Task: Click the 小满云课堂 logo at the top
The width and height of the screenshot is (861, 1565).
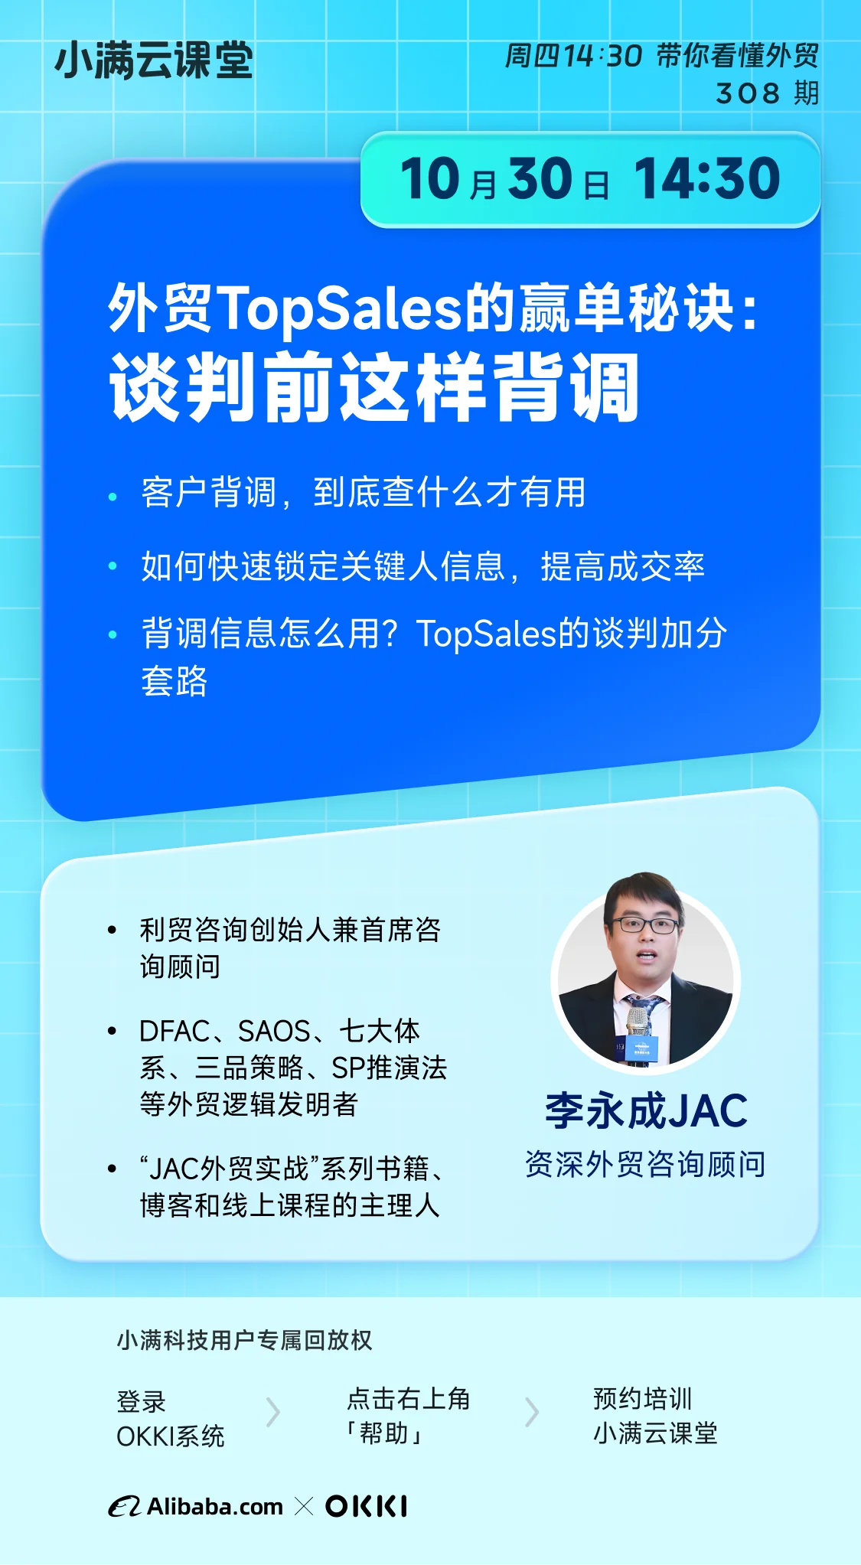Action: [x=154, y=60]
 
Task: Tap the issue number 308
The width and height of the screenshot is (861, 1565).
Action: [x=748, y=93]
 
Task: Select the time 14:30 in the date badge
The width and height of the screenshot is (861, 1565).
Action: [x=707, y=179]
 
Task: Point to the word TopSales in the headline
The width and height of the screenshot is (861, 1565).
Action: [x=341, y=309]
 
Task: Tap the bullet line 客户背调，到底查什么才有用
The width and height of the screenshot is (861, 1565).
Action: [x=364, y=492]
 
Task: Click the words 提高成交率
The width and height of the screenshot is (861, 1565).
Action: [x=622, y=566]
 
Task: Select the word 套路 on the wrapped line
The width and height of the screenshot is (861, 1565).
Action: [x=174, y=680]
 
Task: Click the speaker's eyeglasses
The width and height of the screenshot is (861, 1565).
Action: [x=645, y=924]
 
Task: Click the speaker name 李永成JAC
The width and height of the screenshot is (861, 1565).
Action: [x=646, y=1111]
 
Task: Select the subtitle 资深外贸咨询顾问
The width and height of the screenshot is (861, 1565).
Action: [x=645, y=1164]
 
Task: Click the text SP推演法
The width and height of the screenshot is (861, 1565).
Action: [x=390, y=1068]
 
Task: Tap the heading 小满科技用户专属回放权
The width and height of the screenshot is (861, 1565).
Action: [x=245, y=1340]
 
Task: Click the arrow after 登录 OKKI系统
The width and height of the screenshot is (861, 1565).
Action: [x=273, y=1412]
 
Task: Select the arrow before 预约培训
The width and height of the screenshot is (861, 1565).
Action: [x=533, y=1412]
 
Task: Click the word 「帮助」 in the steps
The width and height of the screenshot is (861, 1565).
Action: [x=385, y=1433]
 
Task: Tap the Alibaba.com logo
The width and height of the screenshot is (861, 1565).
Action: [x=196, y=1506]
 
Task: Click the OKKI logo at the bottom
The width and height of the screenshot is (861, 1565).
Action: [x=367, y=1506]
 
